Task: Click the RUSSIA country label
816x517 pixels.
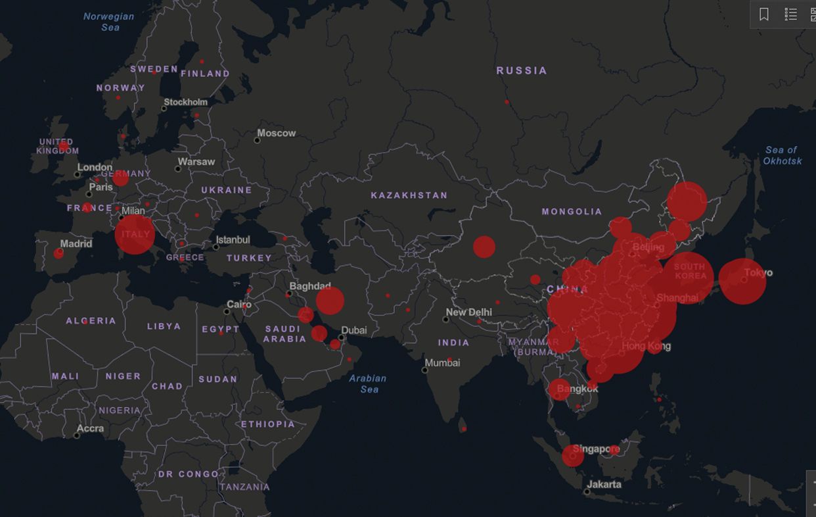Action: coord(522,70)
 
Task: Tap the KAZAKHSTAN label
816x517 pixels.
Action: coord(409,195)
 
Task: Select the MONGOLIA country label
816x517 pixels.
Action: coord(572,211)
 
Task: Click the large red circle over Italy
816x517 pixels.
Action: coord(135,234)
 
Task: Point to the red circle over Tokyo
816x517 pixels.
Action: coord(742,281)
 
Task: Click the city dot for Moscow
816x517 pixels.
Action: coord(258,140)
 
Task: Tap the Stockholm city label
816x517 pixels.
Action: coord(186,102)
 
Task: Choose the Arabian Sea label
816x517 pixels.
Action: coord(368,383)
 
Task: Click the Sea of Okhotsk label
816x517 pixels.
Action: coord(782,155)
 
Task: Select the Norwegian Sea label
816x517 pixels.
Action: coord(109,22)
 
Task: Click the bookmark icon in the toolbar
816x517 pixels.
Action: coord(764,14)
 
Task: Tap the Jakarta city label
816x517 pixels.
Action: coord(604,484)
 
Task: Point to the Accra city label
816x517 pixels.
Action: coord(90,428)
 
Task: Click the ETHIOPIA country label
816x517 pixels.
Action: coord(268,424)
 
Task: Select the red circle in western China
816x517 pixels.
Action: coord(484,247)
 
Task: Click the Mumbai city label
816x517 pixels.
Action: coord(442,362)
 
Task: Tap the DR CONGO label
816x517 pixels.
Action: coord(188,474)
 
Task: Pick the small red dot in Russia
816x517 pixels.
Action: coord(507,102)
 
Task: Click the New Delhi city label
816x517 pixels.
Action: coord(468,312)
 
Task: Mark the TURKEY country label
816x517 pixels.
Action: coord(249,258)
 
